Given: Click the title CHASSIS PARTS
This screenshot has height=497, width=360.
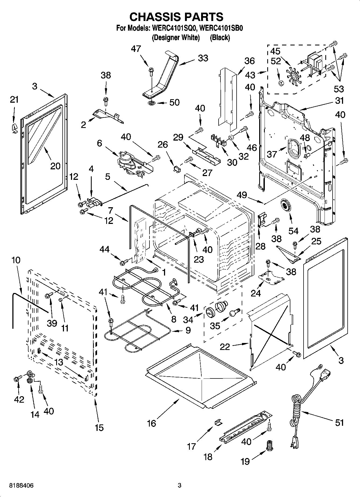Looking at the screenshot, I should point(176,17).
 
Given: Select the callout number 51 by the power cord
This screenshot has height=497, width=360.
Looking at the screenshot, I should point(339,423).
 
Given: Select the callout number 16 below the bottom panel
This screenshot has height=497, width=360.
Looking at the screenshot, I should point(151,424).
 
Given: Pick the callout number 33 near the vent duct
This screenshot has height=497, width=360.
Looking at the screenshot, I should point(203,58).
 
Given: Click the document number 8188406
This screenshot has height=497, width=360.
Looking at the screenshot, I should point(22,485).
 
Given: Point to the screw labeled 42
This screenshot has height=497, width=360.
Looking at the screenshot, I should point(16,379).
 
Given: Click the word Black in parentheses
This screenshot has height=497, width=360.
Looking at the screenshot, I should point(220,38).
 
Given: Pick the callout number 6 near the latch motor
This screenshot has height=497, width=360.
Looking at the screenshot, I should point(99,143).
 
